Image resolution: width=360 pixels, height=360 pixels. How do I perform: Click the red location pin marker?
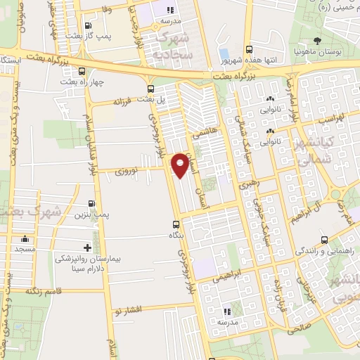181,165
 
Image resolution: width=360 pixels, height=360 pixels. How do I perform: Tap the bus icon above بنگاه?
176,225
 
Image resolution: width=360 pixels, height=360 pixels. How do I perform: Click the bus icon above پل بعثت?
151,88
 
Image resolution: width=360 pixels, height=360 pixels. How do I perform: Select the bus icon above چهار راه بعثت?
83,71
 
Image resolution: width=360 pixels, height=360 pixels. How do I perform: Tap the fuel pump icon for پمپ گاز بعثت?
87,27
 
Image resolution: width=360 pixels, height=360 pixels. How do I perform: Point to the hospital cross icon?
87,247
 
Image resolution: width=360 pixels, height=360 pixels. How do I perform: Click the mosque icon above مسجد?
25,238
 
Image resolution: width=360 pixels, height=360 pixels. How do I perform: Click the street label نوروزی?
128,169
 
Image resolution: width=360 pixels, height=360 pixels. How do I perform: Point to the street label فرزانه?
127,101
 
